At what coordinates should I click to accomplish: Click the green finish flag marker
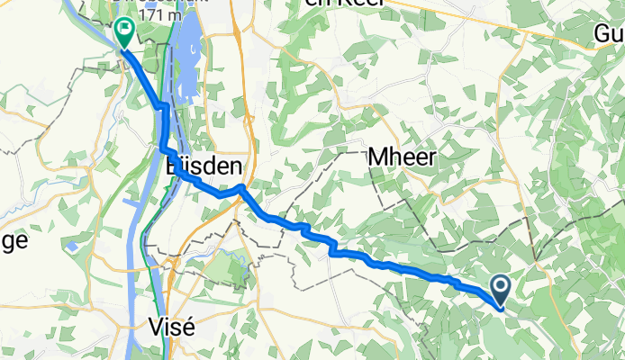tap(122, 32)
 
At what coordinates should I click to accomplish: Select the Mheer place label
tap(403, 157)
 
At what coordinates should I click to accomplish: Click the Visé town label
tap(170, 327)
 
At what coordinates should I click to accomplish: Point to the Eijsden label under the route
tap(204, 166)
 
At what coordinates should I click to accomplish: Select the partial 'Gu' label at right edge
tap(609, 33)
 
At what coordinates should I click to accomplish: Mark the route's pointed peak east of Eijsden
tap(240, 186)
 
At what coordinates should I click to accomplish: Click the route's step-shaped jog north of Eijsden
tap(164, 108)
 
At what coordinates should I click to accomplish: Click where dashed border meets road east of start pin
tap(537, 265)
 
